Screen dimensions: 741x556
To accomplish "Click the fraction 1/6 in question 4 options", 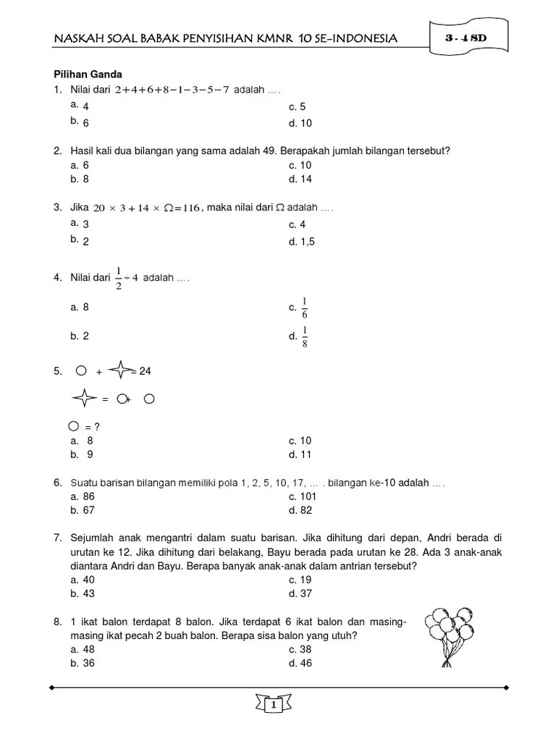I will click(x=305, y=308).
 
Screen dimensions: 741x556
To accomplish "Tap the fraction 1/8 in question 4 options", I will click(x=305, y=336).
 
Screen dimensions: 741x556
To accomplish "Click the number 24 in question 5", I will click(x=145, y=371).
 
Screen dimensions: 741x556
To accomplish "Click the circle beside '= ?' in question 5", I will click(x=74, y=425).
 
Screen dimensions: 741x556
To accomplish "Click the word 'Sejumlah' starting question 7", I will click(x=92, y=538).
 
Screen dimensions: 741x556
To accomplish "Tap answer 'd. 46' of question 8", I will click(x=300, y=664).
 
